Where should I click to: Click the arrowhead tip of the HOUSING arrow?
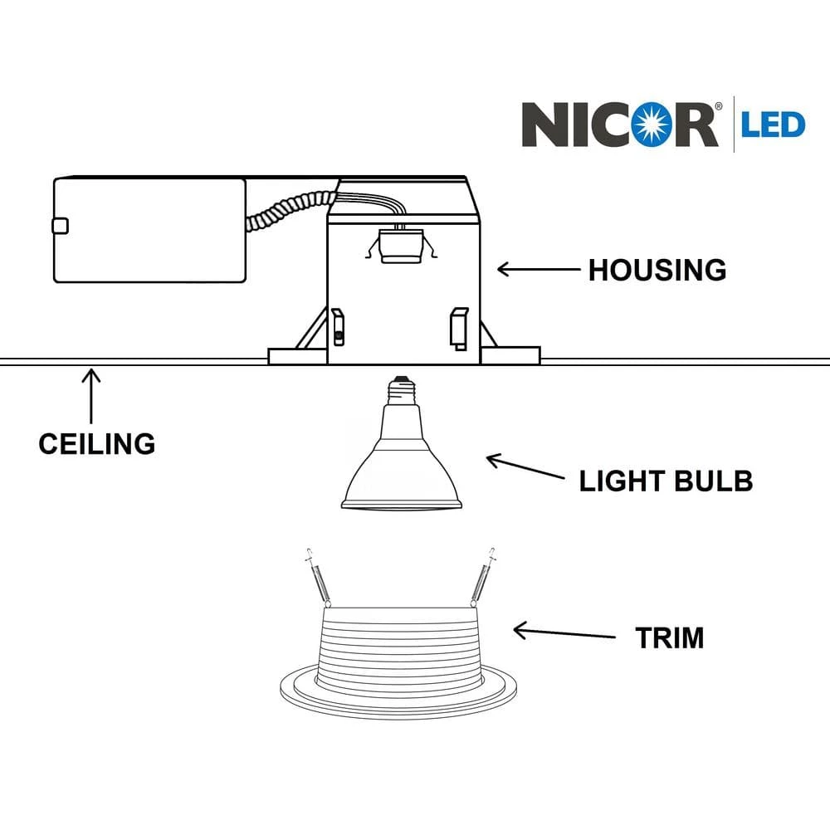tap(497, 270)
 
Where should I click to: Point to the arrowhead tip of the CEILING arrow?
tap(91, 369)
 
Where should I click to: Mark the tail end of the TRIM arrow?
tap(615, 637)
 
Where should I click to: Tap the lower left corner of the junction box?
tap(55, 281)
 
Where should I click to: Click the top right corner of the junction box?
tap(245, 179)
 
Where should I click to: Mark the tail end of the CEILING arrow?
tap(91, 423)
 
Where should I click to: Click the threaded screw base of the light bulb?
tap(401, 391)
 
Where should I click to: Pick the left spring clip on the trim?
tap(319, 578)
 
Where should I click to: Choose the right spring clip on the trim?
tap(482, 578)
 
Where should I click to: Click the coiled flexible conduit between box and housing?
tap(290, 210)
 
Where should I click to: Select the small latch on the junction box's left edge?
tap(60, 226)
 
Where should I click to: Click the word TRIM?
tap(670, 637)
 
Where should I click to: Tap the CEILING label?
tap(97, 443)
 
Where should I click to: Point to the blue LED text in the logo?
tap(773, 125)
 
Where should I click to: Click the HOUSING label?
tap(657, 271)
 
